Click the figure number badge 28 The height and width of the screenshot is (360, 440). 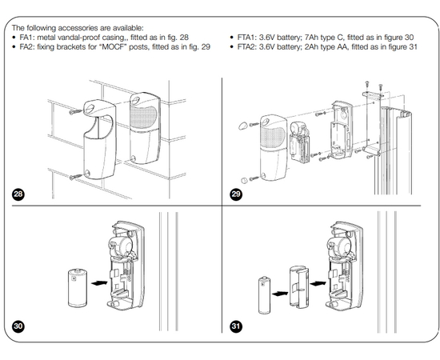[18, 194]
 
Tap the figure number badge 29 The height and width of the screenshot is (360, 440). [236, 194]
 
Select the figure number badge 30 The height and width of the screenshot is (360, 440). [18, 326]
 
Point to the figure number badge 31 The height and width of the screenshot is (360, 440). [236, 326]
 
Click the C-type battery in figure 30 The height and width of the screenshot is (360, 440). [78, 288]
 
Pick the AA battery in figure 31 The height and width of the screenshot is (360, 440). [264, 295]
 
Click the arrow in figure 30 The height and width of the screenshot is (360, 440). [99, 283]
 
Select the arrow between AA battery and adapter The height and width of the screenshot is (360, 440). [280, 294]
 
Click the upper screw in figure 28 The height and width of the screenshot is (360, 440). [76, 112]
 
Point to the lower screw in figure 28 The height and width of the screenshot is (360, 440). [76, 177]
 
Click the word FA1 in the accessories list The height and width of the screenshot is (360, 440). [26, 38]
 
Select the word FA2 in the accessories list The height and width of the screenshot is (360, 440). [26, 46]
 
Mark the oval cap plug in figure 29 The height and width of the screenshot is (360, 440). [242, 126]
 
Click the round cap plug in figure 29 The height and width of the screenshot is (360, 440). [244, 180]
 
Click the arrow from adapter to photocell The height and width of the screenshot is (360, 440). [318, 284]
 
